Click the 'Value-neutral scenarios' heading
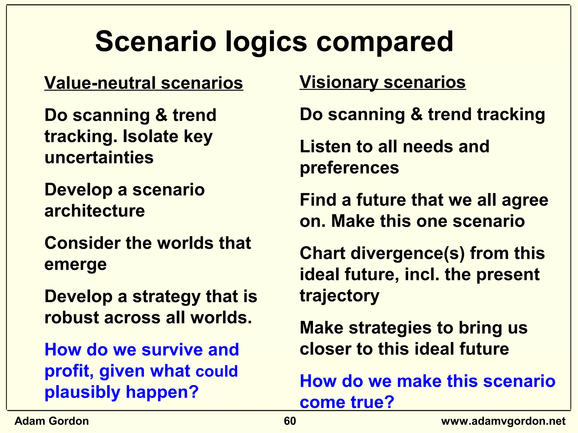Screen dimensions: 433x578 (144, 83)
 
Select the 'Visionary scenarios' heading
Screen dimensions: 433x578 (382, 82)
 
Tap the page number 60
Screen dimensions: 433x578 (290, 421)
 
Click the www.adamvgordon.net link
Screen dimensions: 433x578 (503, 421)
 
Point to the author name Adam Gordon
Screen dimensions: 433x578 (52, 421)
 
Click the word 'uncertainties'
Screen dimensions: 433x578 (99, 157)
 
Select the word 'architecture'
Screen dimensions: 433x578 (95, 211)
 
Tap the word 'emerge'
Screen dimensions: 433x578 (76, 264)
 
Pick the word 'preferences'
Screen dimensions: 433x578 (349, 168)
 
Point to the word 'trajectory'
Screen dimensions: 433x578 (340, 296)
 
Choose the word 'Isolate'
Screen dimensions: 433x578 (150, 136)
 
